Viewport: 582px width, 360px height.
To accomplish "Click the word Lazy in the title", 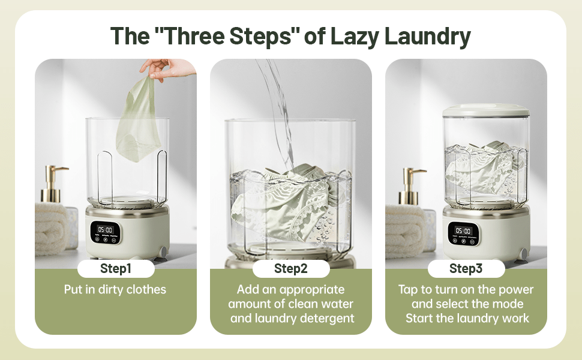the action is click(x=355, y=37).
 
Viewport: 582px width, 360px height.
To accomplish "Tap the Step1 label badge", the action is click(x=116, y=268).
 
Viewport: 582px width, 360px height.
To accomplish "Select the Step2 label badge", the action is click(x=291, y=268).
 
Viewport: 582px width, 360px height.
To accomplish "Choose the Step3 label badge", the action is click(x=466, y=268).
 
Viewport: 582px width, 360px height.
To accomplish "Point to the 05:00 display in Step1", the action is click(x=105, y=230).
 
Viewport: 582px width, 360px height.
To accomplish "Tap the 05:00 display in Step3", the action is click(x=463, y=230).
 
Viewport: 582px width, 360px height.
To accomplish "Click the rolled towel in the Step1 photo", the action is click(x=52, y=227).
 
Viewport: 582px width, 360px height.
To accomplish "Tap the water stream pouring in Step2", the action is click(x=278, y=112).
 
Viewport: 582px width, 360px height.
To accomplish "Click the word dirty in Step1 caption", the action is click(x=111, y=289).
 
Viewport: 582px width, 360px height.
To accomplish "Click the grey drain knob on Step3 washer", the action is click(x=523, y=254).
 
